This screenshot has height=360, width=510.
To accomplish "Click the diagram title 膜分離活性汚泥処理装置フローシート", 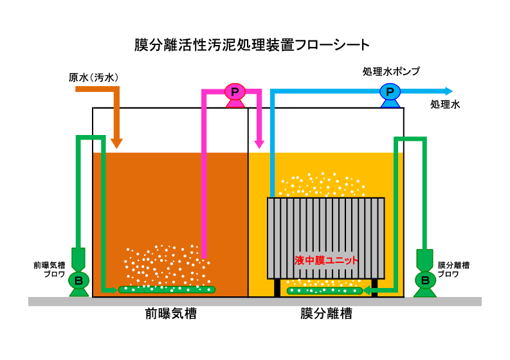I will click(x=252, y=45).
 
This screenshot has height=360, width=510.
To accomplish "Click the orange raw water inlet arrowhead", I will click(x=116, y=142).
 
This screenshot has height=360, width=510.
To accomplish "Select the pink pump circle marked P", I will click(x=235, y=92).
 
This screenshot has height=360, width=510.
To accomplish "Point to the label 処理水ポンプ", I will click(x=391, y=71).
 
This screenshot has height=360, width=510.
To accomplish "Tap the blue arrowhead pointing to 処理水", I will click(x=448, y=91).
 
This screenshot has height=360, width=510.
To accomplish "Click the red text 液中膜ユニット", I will click(x=326, y=260).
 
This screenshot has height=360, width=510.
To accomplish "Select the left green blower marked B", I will click(x=79, y=280).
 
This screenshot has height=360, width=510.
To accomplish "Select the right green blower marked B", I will click(x=425, y=280).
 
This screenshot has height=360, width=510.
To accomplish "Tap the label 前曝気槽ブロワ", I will click(x=50, y=269).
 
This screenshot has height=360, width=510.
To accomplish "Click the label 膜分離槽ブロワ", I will click(x=453, y=269).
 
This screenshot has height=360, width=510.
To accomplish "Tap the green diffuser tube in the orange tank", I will click(x=167, y=290).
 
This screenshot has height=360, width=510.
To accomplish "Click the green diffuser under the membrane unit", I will click(x=325, y=291).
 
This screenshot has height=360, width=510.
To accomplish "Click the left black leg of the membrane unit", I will click(x=278, y=287).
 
